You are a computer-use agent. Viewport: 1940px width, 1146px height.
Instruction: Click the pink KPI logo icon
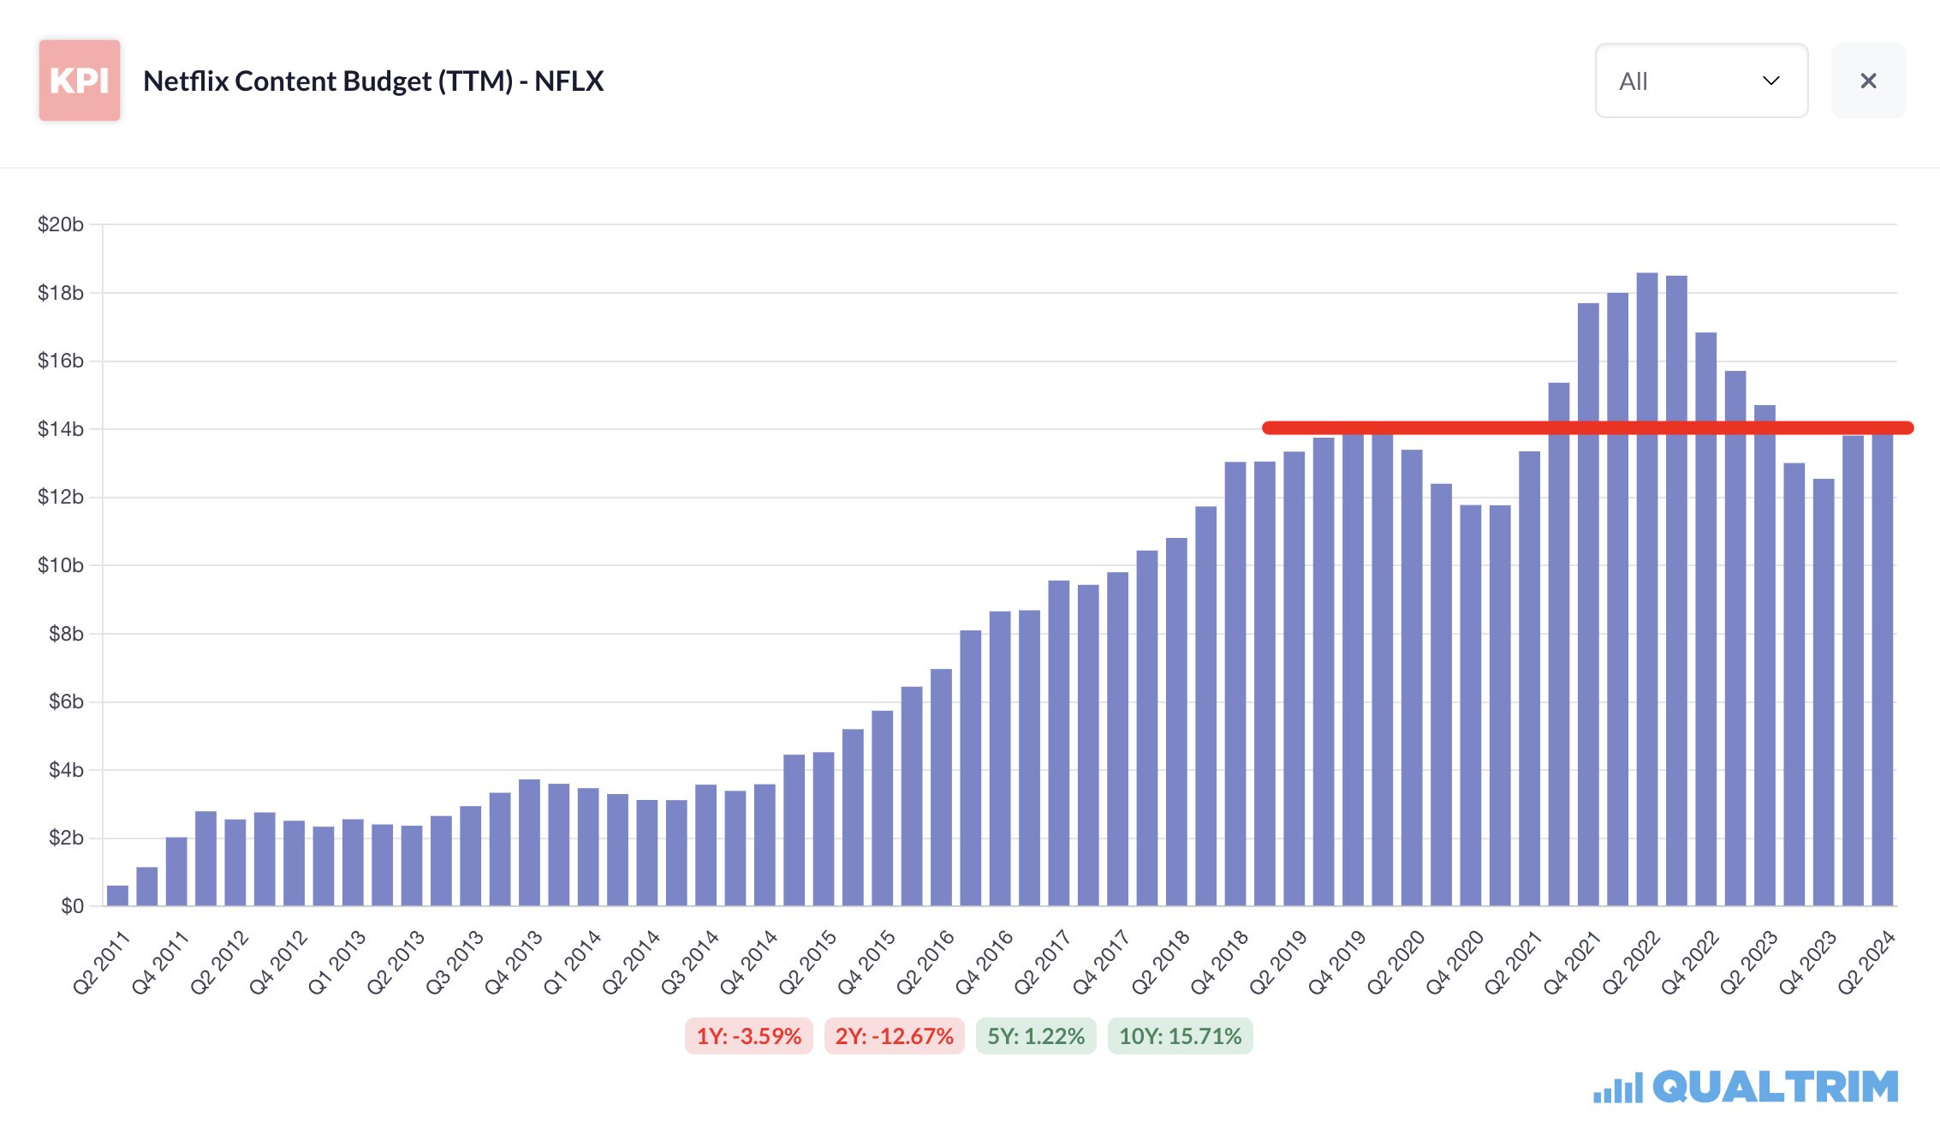[79, 81]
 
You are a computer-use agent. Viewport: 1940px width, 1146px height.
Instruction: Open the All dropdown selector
[1700, 81]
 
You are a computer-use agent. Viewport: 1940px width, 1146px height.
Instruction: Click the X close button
[1868, 81]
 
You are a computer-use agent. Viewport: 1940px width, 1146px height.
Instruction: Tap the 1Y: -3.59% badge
[748, 1036]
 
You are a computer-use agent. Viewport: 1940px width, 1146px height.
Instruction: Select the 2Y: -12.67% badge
[894, 1036]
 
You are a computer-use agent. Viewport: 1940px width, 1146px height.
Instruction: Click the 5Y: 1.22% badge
[1036, 1036]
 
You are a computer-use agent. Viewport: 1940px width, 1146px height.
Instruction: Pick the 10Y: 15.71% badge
[1180, 1036]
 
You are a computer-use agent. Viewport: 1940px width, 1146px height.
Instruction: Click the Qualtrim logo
[1746, 1087]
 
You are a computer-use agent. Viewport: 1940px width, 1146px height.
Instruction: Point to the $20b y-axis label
[61, 224]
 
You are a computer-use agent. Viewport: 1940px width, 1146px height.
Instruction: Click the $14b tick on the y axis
[61, 429]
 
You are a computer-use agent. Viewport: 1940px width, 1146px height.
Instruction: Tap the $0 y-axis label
[72, 906]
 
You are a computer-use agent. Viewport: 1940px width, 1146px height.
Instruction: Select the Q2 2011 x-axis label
[101, 963]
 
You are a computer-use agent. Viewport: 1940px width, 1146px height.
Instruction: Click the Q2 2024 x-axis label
[1866, 963]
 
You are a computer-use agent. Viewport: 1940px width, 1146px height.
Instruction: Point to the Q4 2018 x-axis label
[1219, 963]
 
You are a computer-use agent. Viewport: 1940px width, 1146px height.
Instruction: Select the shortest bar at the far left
[117, 896]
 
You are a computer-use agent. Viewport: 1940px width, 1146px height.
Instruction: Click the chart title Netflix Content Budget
[373, 81]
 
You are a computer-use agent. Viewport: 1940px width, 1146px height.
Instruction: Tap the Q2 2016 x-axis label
[925, 963]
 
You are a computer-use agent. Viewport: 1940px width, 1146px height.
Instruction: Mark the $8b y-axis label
[66, 634]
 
